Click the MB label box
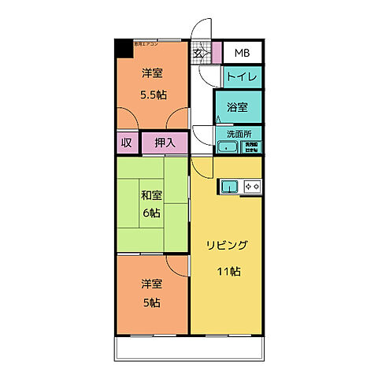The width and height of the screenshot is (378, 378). tap(243, 54)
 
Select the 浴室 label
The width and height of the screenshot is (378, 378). tap(238, 106)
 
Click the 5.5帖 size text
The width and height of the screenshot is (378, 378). tap(154, 94)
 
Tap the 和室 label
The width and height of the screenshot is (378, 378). tap(151, 195)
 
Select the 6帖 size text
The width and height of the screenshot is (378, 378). tap(152, 213)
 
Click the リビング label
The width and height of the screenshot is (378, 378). tap(227, 245)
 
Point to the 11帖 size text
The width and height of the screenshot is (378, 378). tap(229, 272)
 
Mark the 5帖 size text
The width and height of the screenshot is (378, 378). tap(152, 302)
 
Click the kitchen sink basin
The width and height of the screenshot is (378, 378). tap(228, 186)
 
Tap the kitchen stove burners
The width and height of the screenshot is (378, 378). tap(253, 186)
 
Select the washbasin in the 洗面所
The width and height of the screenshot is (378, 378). tap(228, 146)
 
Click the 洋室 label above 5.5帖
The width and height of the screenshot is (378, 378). tap(153, 74)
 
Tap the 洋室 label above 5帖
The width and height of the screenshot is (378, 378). tap(151, 283)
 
